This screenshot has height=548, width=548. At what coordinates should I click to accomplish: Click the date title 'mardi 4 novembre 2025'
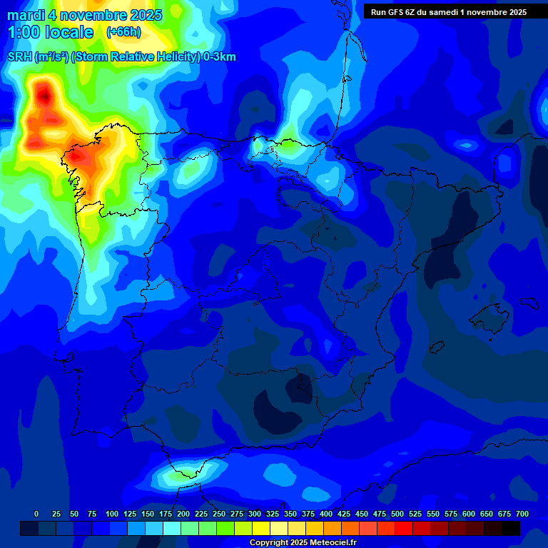[84, 15]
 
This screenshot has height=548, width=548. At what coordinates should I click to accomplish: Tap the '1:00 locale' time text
[51, 32]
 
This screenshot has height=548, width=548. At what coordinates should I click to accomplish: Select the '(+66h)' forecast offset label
[123, 32]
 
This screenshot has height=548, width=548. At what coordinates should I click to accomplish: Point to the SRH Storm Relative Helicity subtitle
[121, 57]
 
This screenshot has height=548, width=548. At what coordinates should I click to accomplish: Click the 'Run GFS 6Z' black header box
[449, 11]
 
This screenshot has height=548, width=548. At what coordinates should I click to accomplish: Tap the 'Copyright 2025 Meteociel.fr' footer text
[303, 543]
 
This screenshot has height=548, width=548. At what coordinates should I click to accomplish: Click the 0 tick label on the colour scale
[36, 514]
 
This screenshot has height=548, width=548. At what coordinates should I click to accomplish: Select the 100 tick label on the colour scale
[112, 514]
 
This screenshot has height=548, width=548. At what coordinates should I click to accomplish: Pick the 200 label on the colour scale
[183, 514]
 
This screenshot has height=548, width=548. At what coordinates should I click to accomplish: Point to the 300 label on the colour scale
[255, 514]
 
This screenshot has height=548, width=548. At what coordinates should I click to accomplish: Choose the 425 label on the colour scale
[344, 514]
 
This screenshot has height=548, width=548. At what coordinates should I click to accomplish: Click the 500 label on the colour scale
[397, 514]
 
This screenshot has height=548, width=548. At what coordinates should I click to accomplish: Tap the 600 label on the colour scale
[469, 514]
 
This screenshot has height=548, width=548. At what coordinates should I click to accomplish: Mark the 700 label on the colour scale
[522, 514]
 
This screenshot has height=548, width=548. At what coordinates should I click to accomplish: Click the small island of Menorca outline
[528, 303]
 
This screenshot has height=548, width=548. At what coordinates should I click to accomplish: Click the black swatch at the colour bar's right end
[511, 528]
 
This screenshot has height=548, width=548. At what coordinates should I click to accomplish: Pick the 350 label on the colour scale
[290, 514]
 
